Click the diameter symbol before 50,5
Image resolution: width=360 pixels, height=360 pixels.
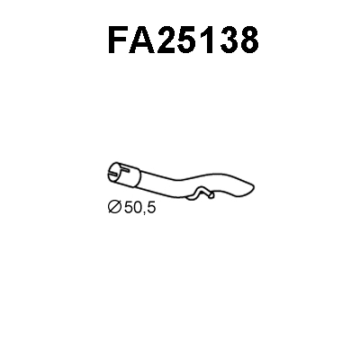pyautogui.click(x=113, y=209)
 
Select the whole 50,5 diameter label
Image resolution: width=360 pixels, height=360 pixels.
pyautogui.click(x=131, y=209)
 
